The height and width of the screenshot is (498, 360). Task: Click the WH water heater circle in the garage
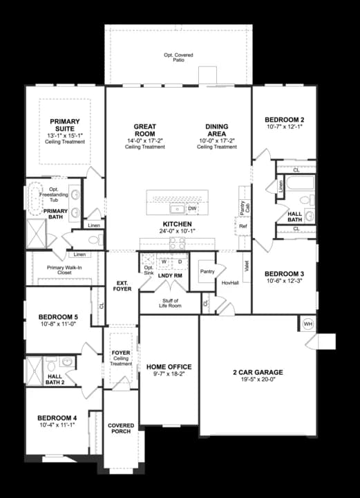(307, 324)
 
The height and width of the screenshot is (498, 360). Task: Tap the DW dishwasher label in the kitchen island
(192, 208)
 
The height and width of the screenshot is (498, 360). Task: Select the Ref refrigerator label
(243, 226)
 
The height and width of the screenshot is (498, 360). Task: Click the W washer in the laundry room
(164, 262)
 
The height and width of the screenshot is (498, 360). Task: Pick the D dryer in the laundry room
(180, 262)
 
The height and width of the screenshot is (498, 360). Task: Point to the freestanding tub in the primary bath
(35, 198)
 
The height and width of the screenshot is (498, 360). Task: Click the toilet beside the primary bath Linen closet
(96, 239)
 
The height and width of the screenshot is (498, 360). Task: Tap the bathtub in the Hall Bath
(300, 183)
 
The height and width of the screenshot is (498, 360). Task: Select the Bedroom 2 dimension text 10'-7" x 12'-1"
(284, 126)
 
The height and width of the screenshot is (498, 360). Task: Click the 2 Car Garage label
(258, 372)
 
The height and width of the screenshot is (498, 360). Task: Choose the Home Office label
(169, 367)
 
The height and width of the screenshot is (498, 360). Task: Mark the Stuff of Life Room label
(170, 303)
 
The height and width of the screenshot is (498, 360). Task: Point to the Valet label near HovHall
(247, 266)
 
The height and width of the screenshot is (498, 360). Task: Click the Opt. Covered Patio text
(178, 57)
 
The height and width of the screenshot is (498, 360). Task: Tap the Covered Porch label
(121, 428)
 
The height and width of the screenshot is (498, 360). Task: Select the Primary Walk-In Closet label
(64, 270)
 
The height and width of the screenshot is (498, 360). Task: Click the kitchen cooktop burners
(178, 243)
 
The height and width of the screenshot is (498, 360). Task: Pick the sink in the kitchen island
(178, 209)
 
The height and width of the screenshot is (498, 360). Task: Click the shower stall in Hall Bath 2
(34, 371)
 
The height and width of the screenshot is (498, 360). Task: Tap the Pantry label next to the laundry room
(207, 272)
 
